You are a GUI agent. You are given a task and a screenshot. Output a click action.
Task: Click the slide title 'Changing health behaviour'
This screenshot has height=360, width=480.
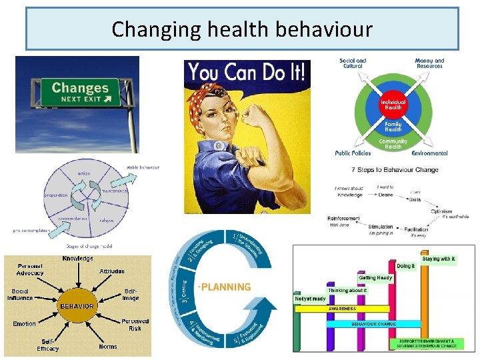coord(242,29)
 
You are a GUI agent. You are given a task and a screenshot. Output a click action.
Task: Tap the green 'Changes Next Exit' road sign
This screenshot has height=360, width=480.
coord(79,92)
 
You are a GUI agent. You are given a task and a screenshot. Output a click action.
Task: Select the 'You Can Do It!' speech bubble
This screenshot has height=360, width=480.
coord(247,73)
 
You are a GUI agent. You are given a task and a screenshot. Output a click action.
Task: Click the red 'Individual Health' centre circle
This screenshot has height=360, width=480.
coord(393,105)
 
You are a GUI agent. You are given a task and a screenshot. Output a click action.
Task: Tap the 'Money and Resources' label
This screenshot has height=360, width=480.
coord(429,63)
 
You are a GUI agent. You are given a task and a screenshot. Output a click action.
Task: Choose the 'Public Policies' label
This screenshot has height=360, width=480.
coord(353,153)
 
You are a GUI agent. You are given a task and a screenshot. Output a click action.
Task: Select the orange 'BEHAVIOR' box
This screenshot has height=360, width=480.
coord(77,306)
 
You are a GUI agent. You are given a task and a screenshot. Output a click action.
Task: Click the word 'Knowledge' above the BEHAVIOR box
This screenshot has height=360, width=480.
coord(78,259)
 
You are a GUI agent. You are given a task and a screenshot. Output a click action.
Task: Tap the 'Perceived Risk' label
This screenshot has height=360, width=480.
coord(135,325)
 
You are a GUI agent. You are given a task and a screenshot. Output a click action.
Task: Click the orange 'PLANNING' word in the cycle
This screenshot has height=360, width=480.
coord(225,287)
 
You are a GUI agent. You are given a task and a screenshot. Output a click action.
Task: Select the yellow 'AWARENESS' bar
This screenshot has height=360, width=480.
coord(341,309)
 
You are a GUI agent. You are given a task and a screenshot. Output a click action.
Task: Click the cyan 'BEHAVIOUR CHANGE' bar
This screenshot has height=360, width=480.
coord(373,324)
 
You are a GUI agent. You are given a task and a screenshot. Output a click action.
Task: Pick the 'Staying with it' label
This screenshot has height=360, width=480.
coord(439,259)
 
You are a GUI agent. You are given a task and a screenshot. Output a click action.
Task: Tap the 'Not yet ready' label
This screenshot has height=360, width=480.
coord(310,299)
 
